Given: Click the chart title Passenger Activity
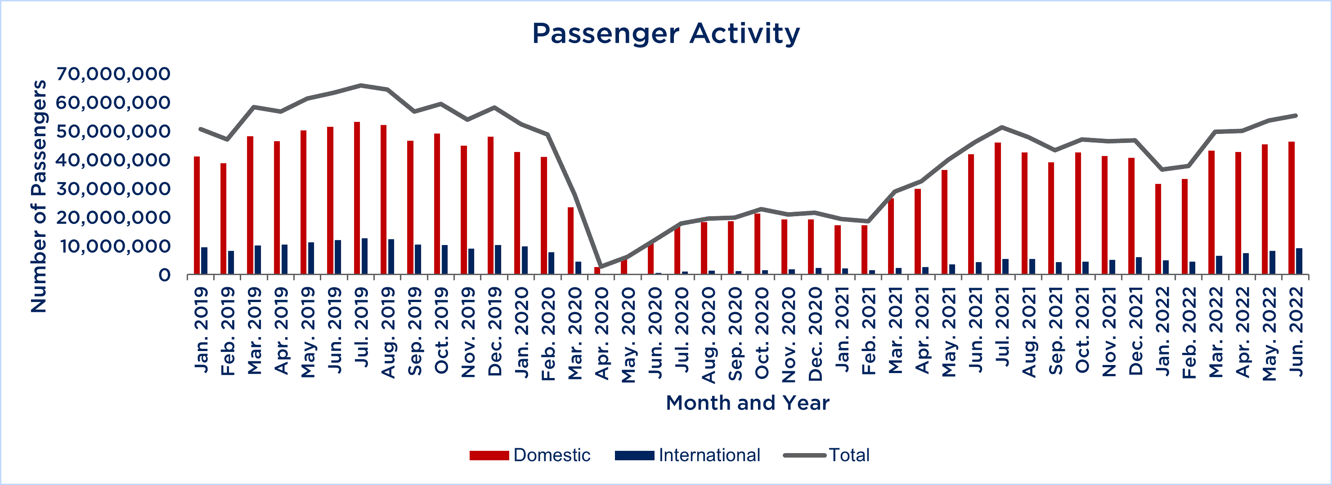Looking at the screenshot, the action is pos(666,34).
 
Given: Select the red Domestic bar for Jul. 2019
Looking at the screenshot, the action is pos(357,198).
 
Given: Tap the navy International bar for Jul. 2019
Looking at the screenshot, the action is pos(364,256).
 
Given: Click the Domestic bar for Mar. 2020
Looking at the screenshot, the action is pos(570,240).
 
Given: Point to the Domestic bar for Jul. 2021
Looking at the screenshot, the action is pos(997,208).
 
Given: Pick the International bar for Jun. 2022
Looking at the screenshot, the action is pos(1299,261).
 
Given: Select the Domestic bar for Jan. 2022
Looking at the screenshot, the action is pos(1158,229).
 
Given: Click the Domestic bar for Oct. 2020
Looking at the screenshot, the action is pos(757,244).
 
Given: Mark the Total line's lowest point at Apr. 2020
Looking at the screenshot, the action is pos(601,267).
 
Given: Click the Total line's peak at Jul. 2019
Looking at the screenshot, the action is pos(361,85).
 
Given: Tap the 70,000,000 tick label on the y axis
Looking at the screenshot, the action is pos(113,74).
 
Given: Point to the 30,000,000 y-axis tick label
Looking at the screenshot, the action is pos(113,189).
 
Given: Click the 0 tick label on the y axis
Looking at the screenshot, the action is pos(165,275).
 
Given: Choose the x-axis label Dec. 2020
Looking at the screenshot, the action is pos(815,334).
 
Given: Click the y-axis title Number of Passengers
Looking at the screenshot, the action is pos(38,196).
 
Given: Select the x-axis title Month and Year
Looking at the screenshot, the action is pos(747,402).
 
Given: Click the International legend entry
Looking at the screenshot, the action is pos(687,455).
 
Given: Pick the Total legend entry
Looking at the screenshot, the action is pos(826,455).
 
